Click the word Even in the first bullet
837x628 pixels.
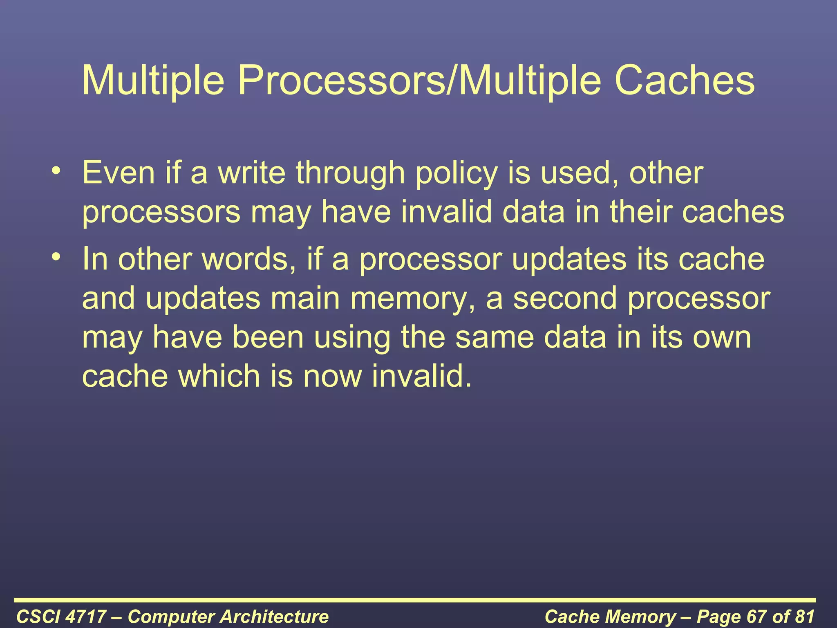tap(119, 173)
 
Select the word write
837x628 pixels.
tap(251, 173)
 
